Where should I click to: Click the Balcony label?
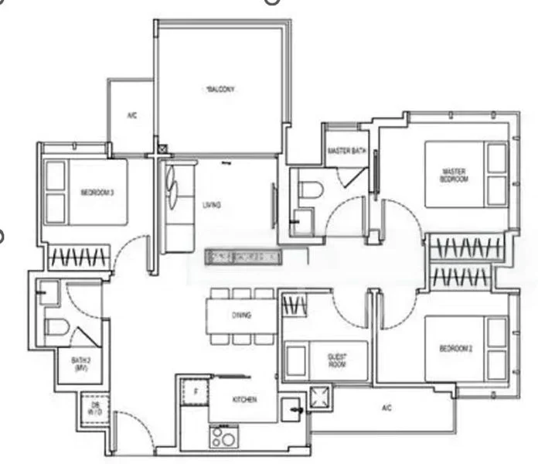[220, 90]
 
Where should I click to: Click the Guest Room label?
[337, 361]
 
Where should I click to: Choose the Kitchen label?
[243, 399]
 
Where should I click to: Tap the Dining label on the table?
[240, 315]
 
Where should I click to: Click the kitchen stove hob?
[224, 438]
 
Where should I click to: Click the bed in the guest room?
[325, 360]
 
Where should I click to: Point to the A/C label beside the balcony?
[132, 116]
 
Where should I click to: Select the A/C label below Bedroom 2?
[386, 408]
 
